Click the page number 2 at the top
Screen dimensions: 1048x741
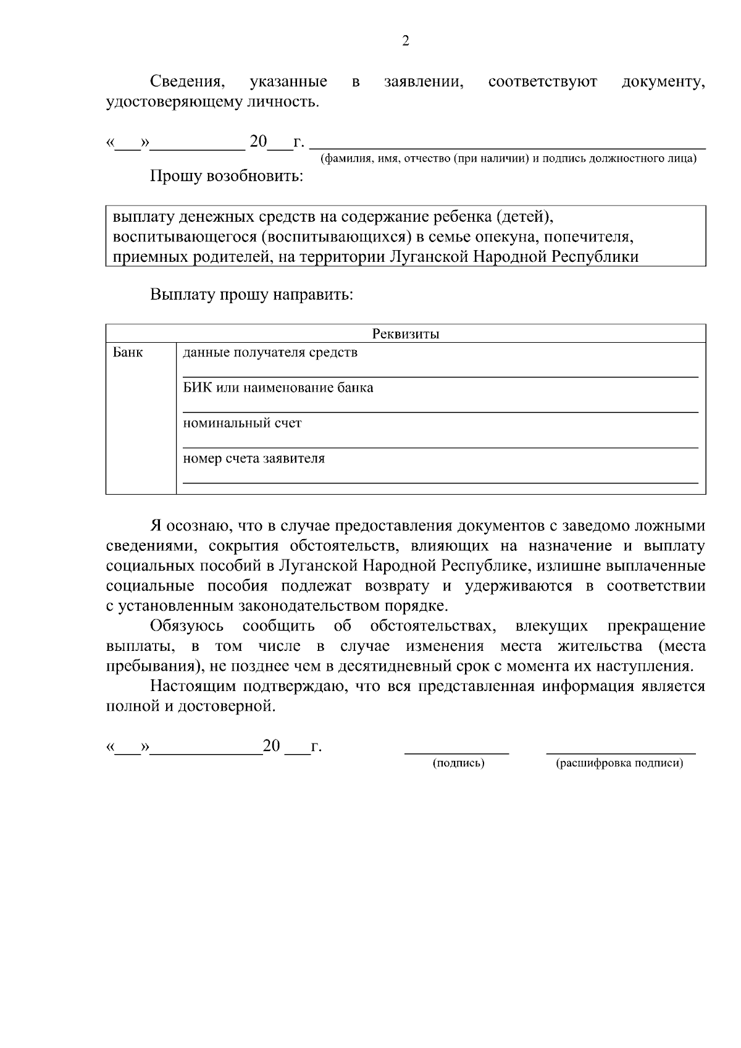pos(405,41)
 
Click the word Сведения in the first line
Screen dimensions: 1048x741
pos(186,82)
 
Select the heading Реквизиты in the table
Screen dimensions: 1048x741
pos(406,334)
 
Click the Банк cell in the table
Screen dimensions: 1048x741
pos(128,353)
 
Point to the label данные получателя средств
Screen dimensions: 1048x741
pos(270,353)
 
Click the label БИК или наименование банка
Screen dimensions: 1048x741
pos(278,388)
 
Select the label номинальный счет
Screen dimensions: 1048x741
pos(242,423)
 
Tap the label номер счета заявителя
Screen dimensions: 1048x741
pos(254,458)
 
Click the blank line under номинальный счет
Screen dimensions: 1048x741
pos(440,446)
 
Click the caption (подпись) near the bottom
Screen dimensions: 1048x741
pos(458,763)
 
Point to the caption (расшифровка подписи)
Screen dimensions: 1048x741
pos(620,763)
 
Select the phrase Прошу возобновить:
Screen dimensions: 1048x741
pos(227,177)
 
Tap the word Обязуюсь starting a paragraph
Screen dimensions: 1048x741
pos(187,626)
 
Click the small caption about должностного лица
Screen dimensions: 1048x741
pos(508,159)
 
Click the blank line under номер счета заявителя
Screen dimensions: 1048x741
pos(440,482)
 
